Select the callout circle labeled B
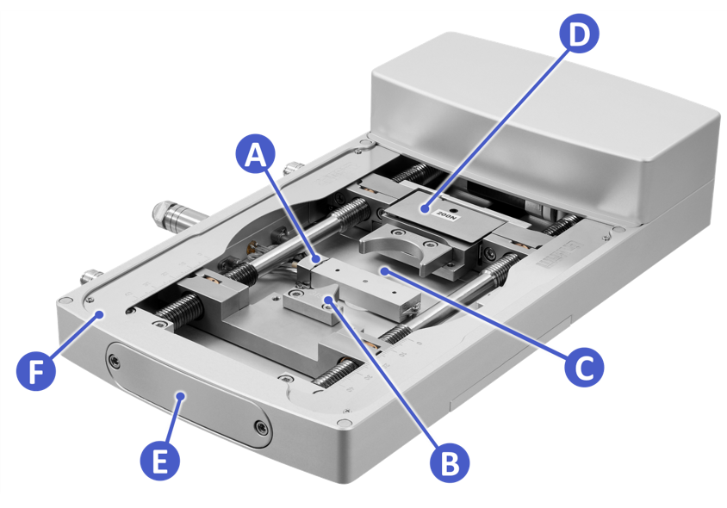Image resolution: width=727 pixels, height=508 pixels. [x=449, y=462]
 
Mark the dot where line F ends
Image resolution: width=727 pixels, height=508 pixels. [x=101, y=315]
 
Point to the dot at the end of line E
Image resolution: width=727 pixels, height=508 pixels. [x=181, y=394]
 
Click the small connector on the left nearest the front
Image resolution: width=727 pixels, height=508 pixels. [x=90, y=277]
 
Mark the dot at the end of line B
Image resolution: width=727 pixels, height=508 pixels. [x=327, y=300]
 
